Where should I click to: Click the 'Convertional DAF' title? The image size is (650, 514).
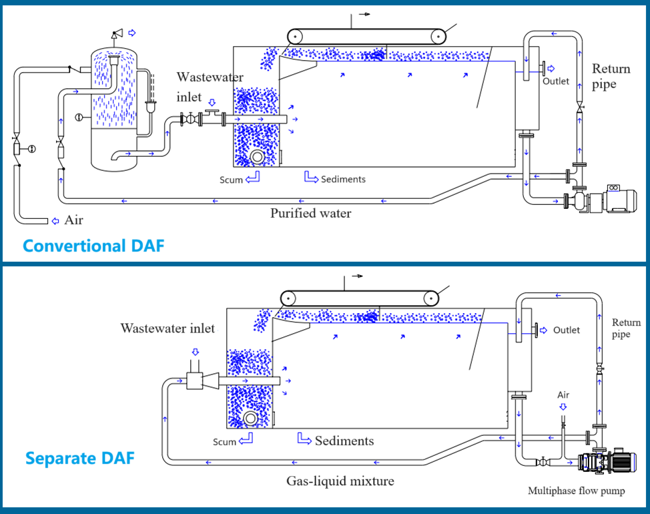coord(93,246)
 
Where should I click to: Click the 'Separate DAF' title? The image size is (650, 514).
coord(79,459)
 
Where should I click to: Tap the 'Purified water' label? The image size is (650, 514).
coord(310,214)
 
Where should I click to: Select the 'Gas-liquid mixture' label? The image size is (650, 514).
coord(340,481)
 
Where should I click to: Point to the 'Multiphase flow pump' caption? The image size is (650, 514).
coord(577,491)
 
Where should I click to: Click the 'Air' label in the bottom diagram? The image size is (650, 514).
coord(563,395)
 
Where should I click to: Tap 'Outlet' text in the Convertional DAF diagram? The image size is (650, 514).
coord(555,81)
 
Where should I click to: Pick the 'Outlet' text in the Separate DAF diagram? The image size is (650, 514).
coord(567,330)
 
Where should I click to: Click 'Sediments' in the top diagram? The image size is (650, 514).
coord(343,179)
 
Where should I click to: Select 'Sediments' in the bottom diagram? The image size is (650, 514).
coord(344,441)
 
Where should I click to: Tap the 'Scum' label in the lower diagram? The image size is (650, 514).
coord(225,442)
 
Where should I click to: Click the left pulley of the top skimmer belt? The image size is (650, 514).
coord(296,36)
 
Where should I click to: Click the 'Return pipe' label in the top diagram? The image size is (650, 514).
coord(611,76)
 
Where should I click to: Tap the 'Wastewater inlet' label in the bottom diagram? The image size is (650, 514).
coord(168,328)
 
